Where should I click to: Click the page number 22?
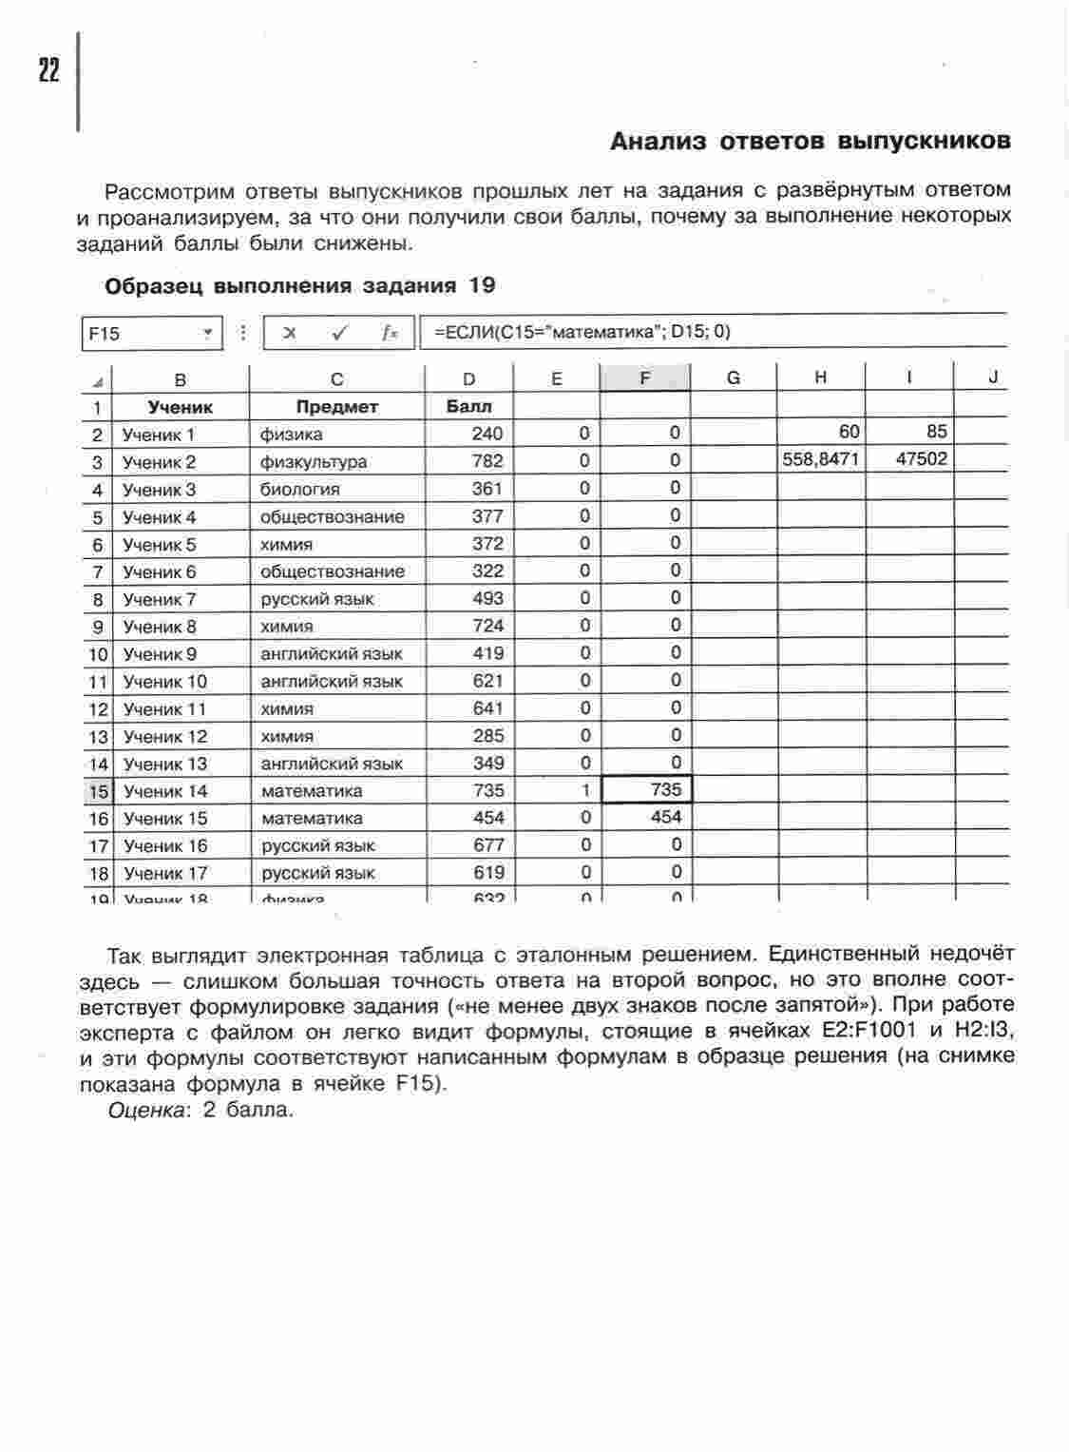[48, 70]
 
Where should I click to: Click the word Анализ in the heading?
[659, 142]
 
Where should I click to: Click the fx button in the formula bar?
[389, 333]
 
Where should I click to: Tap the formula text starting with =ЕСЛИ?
[582, 332]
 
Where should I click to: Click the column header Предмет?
[336, 407]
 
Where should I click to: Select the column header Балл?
[468, 407]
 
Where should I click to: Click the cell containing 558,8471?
[821, 459]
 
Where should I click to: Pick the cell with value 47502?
[921, 459]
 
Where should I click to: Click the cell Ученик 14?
[165, 791]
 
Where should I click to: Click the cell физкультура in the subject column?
[314, 462]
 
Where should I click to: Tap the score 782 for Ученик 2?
[487, 461]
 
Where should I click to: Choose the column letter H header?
[820, 378]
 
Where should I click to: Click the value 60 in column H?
[849, 432]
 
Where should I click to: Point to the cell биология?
[299, 490]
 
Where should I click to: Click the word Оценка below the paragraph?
[145, 1110]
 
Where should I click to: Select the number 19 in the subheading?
[481, 285]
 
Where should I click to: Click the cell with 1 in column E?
[585, 790]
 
